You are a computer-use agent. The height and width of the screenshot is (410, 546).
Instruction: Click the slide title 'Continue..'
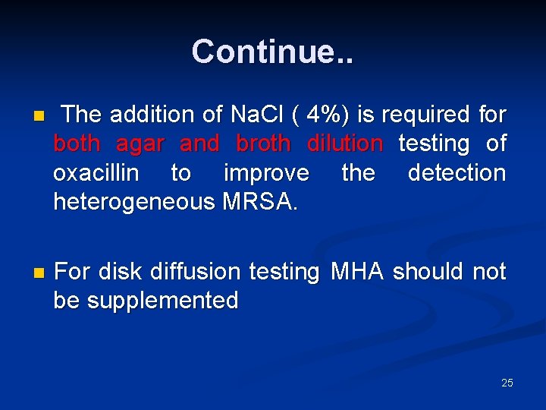(x=272, y=52)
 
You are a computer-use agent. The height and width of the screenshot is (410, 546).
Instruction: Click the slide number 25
(x=507, y=383)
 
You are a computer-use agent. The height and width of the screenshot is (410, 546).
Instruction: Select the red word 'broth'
(x=263, y=143)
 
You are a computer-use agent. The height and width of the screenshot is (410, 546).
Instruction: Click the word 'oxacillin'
(x=96, y=173)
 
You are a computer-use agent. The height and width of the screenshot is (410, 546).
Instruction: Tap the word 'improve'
(x=266, y=173)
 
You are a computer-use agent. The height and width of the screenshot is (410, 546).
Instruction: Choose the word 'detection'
(x=457, y=173)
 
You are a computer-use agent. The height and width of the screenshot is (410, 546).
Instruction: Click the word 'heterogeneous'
(x=133, y=202)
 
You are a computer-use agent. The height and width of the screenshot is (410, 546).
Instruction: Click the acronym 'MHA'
(x=357, y=271)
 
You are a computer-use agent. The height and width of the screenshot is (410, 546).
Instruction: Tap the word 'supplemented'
(x=162, y=301)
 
